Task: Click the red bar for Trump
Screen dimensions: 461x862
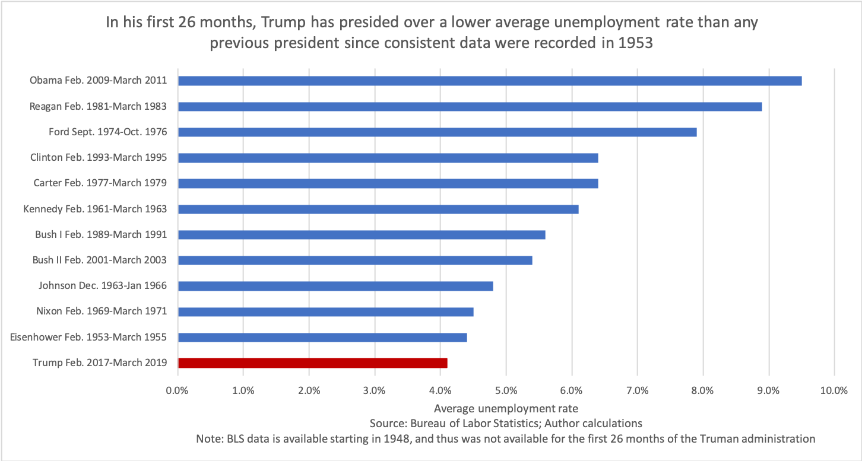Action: [312, 363]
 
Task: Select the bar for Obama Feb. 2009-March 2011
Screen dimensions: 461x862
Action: [490, 81]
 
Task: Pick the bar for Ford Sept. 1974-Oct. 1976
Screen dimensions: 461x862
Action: [437, 132]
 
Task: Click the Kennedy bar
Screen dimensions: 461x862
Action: [378, 209]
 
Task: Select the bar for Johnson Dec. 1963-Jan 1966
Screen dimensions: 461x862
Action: [335, 286]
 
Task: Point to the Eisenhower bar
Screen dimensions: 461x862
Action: [322, 337]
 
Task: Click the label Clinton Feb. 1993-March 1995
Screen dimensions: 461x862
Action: [99, 158]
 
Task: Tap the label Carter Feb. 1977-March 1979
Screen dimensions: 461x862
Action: [100, 183]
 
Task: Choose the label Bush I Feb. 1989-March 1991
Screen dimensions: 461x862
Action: [101, 234]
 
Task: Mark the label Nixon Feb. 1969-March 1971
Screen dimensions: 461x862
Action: [102, 311]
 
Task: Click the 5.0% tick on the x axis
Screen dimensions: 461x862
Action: [505, 390]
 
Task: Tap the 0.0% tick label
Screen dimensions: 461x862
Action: [178, 390]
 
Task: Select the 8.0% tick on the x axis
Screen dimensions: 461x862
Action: [702, 390]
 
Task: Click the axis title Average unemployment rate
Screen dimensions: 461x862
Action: [506, 408]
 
